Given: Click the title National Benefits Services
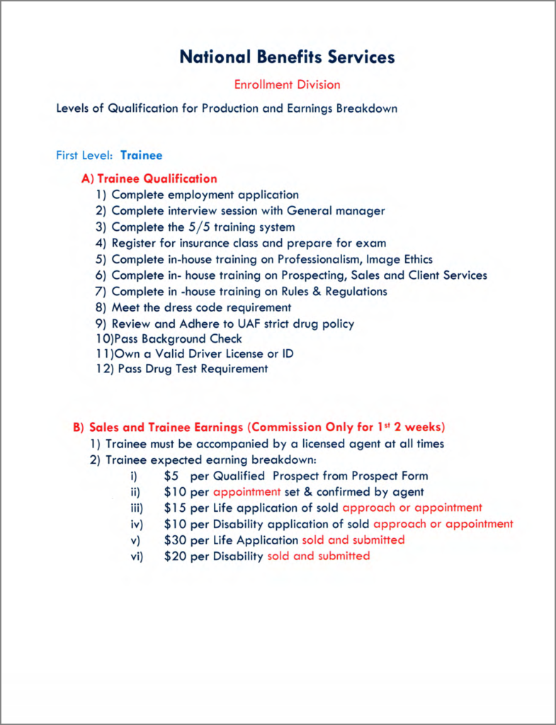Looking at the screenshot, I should coord(287,57).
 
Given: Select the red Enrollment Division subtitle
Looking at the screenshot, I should coord(287,85).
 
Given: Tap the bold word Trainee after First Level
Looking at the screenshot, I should coord(141,155).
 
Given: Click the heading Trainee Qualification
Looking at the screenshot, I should coord(157,179).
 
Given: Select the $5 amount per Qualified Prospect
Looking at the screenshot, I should coord(171,476).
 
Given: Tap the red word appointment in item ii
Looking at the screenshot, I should coord(247,492).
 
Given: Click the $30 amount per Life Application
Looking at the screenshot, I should coord(175,540).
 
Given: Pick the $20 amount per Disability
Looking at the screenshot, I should coord(175,556).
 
